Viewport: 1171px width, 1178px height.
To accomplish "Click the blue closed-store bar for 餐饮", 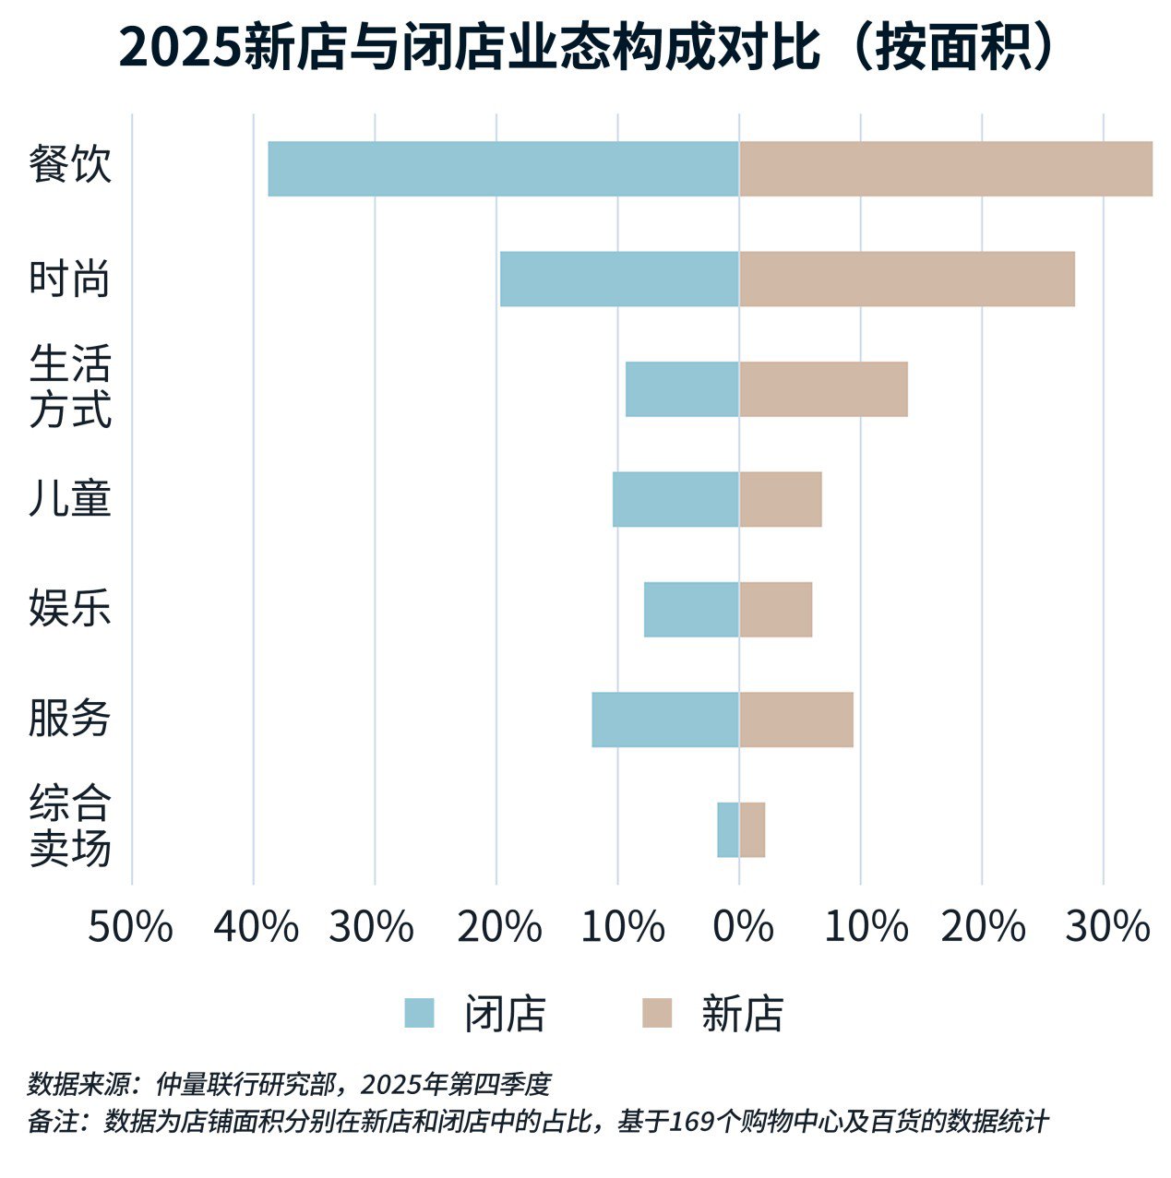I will [x=503, y=169].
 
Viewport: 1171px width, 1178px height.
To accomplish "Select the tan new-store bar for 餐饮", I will [x=945, y=169].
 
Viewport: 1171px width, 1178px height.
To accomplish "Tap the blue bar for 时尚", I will [x=619, y=279].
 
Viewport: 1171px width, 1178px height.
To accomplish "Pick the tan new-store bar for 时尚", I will [x=906, y=279].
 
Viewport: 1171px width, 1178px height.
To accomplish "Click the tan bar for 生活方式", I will [x=823, y=389].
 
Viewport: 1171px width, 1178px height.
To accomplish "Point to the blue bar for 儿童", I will [x=675, y=499].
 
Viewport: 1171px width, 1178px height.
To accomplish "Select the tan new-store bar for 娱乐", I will [x=775, y=610].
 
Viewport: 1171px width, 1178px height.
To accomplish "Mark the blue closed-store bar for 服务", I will [x=665, y=720].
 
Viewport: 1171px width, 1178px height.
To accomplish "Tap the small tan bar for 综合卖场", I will [x=752, y=830].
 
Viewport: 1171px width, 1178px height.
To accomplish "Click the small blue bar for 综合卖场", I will [x=728, y=830].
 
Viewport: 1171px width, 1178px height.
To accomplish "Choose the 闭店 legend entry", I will [x=475, y=1014].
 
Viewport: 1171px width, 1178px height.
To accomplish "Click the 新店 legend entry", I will [x=712, y=1014].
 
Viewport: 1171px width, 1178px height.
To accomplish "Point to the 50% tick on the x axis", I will [x=130, y=926].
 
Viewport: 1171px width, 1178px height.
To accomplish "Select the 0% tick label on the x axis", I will [x=742, y=926].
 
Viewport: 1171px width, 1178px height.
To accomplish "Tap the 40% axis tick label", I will [x=256, y=926].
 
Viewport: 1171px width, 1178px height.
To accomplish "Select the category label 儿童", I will [x=70, y=498].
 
